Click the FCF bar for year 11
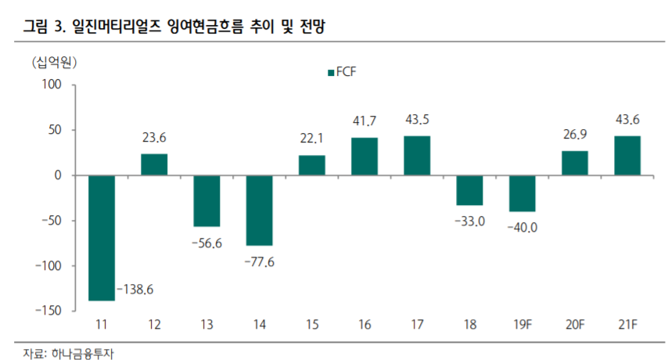(101, 238)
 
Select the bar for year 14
(259, 211)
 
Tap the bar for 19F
(522, 193)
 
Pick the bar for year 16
(365, 157)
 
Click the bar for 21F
(627, 156)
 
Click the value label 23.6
(154, 138)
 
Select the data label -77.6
(259, 261)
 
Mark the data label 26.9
(575, 135)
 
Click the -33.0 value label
(469, 221)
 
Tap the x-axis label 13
(207, 324)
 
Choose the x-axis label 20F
(575, 324)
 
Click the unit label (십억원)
(54, 62)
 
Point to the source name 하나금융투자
(75, 350)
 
